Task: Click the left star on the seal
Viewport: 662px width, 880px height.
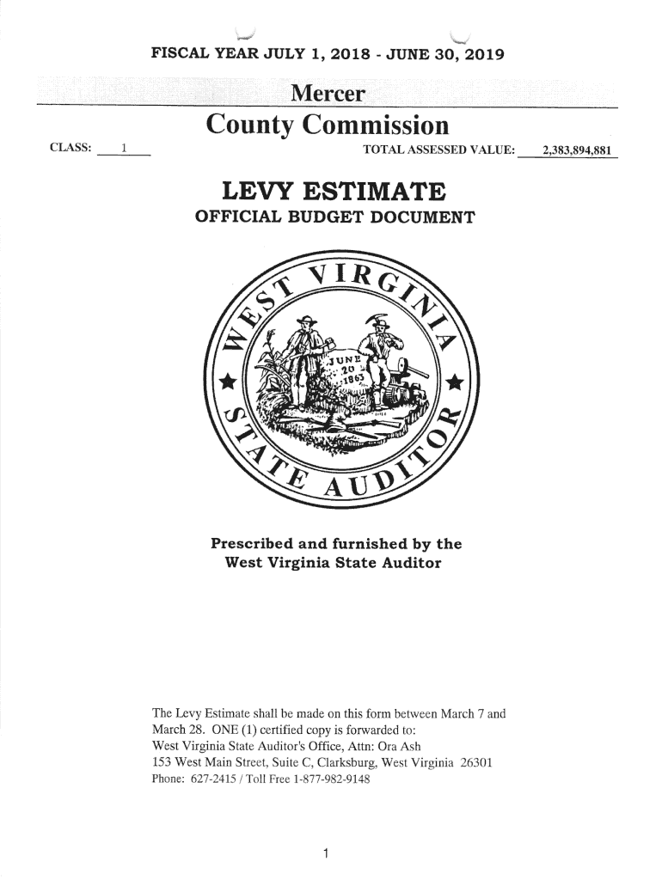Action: point(229,379)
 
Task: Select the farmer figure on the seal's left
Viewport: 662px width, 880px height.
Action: point(305,352)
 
